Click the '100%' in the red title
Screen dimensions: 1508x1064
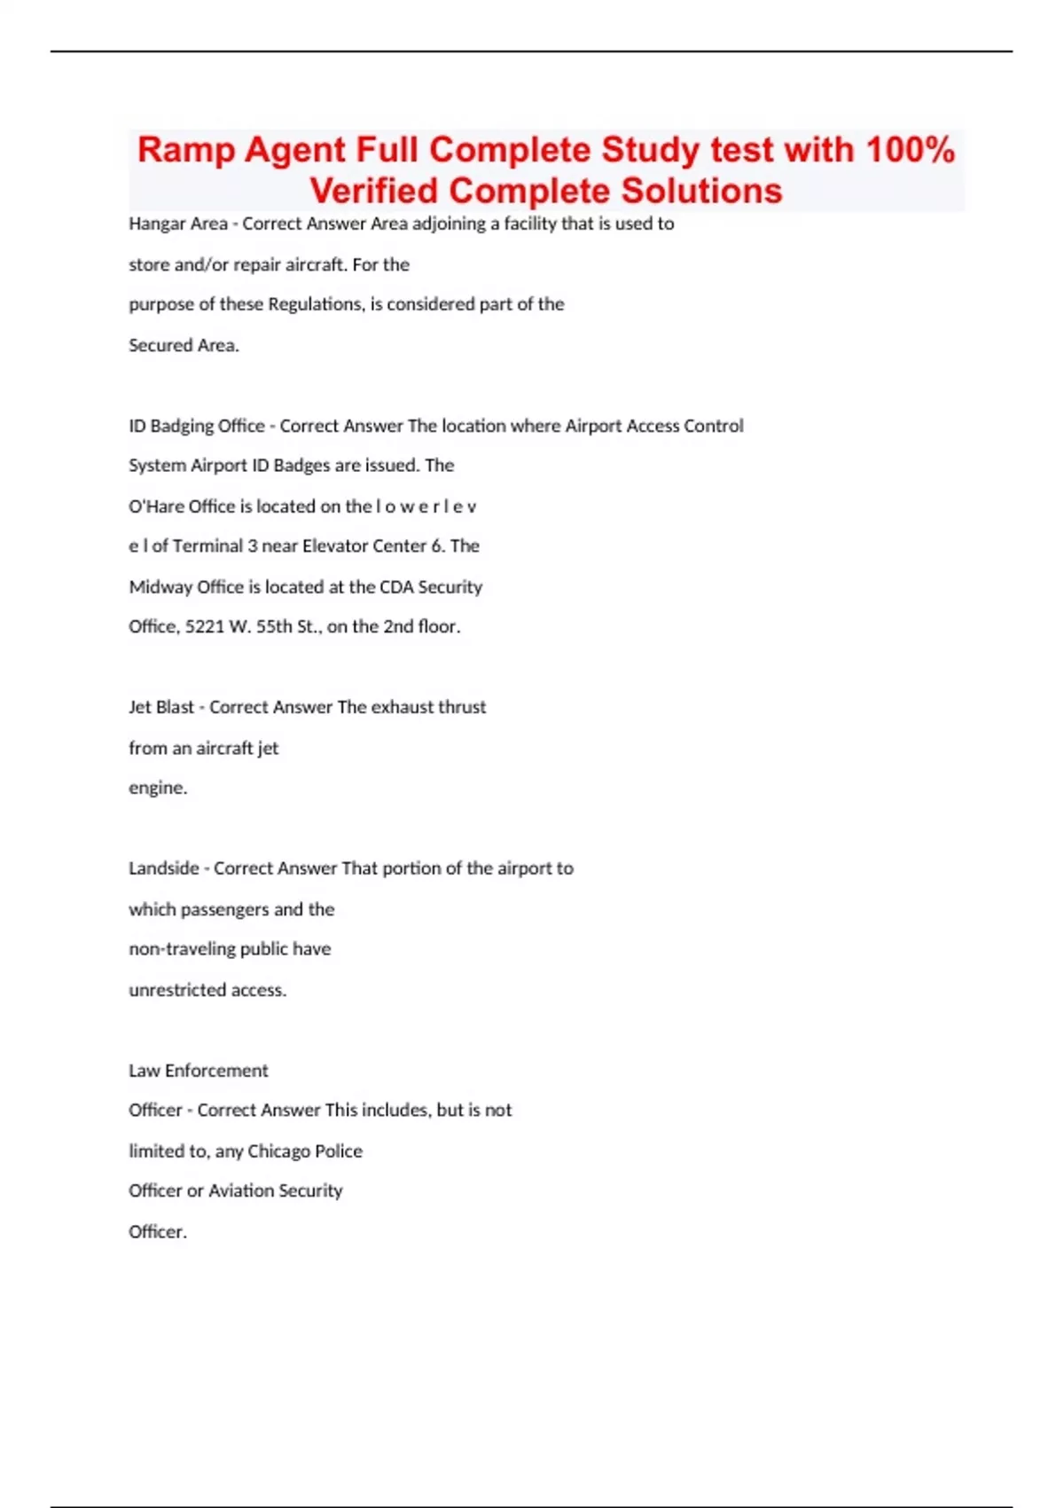(910, 149)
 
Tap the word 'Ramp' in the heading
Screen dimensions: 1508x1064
(185, 149)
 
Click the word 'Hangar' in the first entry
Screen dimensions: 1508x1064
(153, 224)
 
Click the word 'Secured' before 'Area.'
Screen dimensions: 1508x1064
(157, 345)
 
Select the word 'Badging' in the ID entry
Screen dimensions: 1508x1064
(182, 426)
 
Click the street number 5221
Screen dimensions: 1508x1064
(205, 626)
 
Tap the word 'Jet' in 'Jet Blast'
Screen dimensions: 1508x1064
(140, 707)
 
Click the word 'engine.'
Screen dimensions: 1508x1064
(158, 788)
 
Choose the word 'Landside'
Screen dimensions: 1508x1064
(163, 868)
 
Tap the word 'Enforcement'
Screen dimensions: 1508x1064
(216, 1071)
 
